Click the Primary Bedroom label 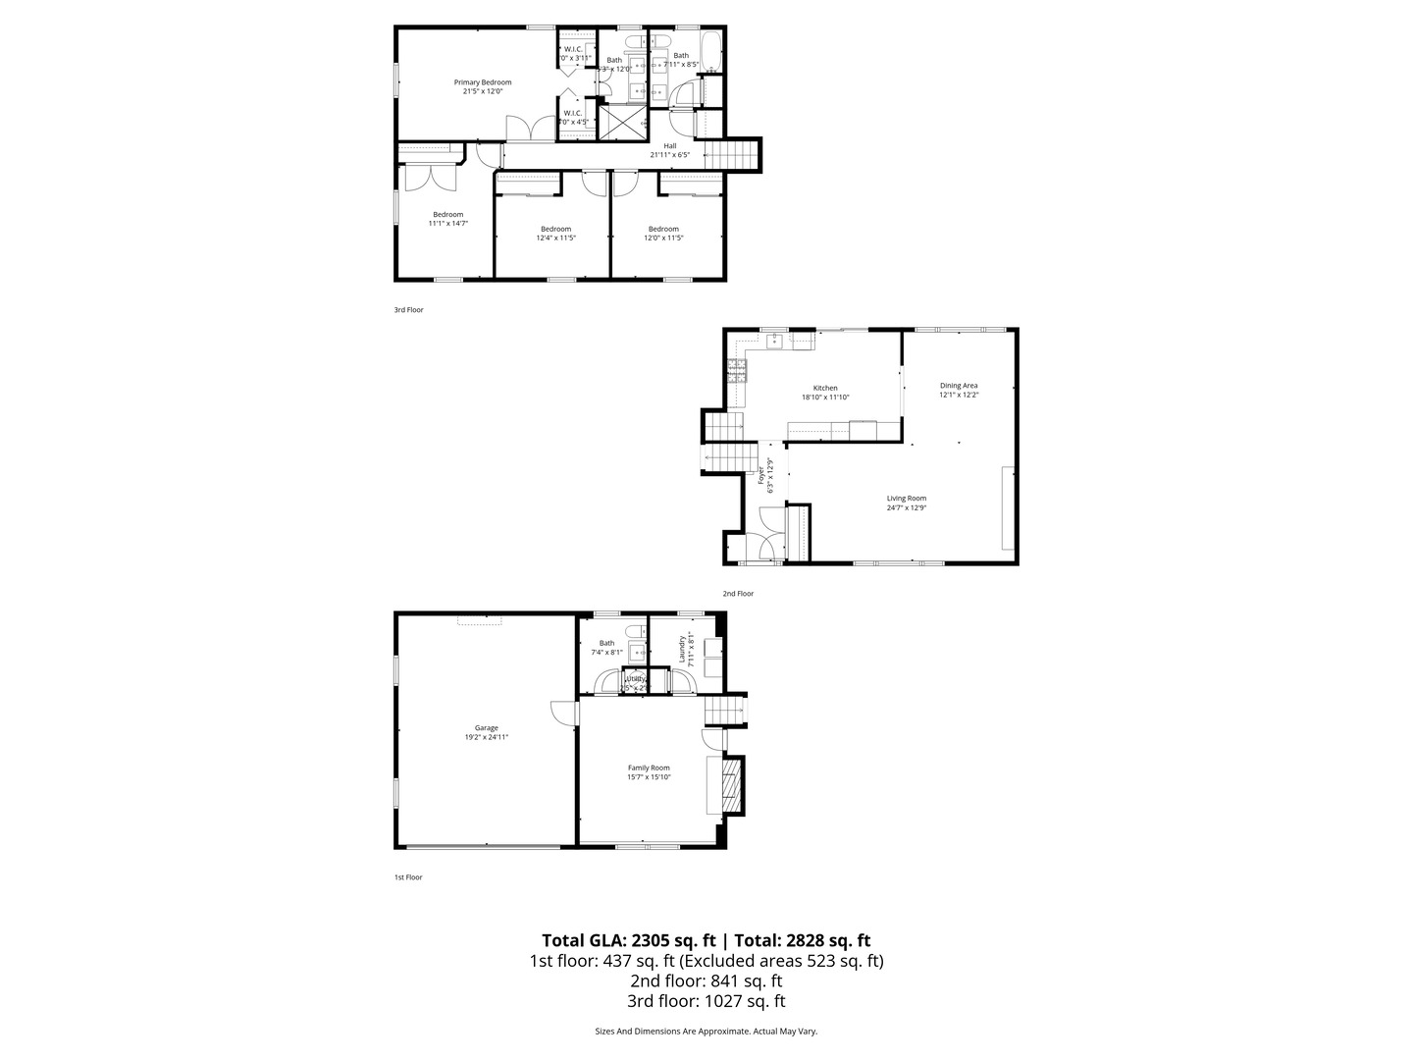[x=482, y=82]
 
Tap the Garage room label [x=487, y=728]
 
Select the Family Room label [x=649, y=768]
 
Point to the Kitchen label [x=825, y=388]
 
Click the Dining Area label [x=959, y=386]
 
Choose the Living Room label [x=907, y=499]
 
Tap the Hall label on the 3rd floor [x=670, y=146]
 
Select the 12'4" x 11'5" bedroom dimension [x=555, y=238]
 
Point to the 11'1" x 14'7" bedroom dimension [x=447, y=223]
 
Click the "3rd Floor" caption [x=408, y=310]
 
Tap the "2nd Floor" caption [x=738, y=594]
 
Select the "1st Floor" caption [x=408, y=877]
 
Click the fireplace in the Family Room [x=730, y=786]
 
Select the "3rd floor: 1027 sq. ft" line [x=706, y=1002]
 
